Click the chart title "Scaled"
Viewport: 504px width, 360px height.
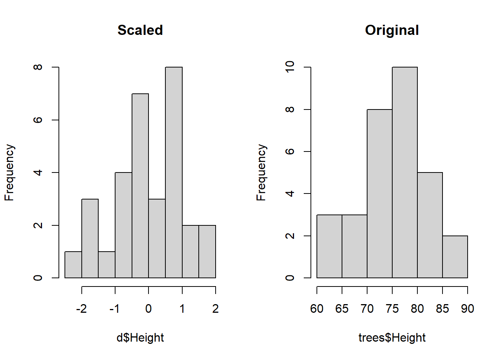point(140,30)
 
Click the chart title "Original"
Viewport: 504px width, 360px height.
point(392,30)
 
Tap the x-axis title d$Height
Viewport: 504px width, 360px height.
point(140,337)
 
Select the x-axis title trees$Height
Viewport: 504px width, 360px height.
point(392,337)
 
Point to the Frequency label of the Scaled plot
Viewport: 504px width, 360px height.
point(9,172)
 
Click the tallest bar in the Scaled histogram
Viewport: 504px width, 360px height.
point(174,172)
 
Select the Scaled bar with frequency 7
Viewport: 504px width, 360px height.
point(140,186)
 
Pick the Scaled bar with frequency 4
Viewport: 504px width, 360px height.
point(123,225)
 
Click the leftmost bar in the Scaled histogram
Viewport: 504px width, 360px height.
point(73,265)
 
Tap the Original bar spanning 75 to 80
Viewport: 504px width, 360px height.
point(405,172)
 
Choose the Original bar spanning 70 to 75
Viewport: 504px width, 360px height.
point(379,193)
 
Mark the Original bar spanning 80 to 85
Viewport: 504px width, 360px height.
point(430,225)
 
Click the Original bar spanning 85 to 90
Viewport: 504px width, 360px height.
point(455,257)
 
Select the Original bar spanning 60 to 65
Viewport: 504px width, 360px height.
point(329,246)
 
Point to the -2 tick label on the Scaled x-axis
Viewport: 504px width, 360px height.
point(81,309)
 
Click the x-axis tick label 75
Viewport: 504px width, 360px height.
point(392,309)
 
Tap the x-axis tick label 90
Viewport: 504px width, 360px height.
point(468,309)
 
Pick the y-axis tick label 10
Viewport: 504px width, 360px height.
point(290,67)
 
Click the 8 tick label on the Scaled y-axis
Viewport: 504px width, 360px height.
point(38,67)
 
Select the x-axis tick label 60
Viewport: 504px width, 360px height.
point(317,309)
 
